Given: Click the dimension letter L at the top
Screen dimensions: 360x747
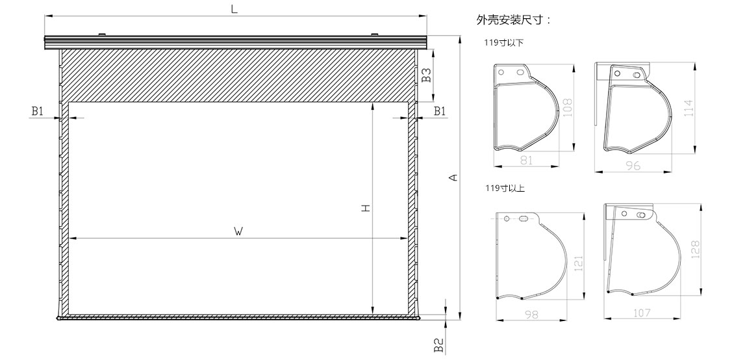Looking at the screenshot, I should [x=234, y=10].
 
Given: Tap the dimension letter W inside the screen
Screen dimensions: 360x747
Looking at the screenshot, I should [x=239, y=232].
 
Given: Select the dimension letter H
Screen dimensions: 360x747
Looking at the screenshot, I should [x=366, y=208].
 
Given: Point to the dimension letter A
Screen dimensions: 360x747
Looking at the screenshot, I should [x=453, y=177].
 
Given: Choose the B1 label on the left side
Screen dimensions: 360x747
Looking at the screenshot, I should [x=38, y=111].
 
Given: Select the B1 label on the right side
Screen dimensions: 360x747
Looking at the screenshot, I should [x=440, y=111].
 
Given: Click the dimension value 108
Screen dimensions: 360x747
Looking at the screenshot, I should [x=566, y=107].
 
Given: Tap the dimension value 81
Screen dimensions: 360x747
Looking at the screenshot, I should [x=526, y=161].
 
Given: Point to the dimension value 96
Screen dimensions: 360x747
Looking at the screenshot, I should [x=633, y=166].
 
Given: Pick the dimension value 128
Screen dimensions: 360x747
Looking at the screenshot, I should [x=694, y=250].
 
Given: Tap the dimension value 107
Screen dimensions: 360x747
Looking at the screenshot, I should [x=642, y=313].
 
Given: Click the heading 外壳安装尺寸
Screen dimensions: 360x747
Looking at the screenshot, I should [x=513, y=19].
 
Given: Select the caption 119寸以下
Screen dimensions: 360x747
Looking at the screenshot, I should [x=503, y=44].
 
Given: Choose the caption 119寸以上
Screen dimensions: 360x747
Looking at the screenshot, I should [x=504, y=188].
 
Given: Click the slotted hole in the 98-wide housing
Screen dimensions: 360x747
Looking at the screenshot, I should [x=523, y=220].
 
